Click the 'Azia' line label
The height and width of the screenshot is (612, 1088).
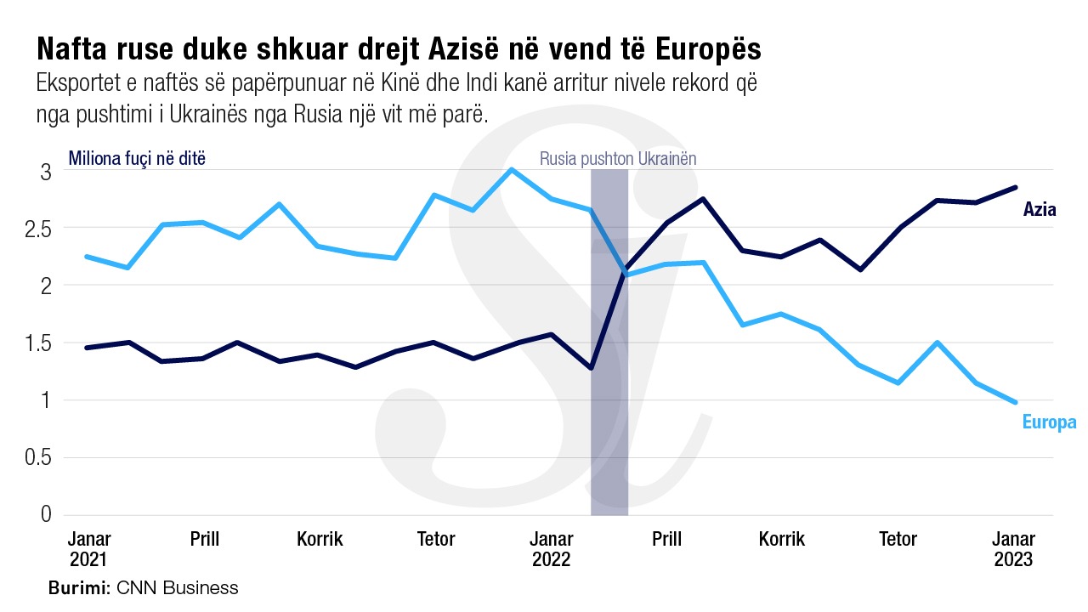click(1040, 209)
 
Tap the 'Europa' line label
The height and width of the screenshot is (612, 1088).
click(1049, 422)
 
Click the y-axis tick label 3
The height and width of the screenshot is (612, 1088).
click(46, 173)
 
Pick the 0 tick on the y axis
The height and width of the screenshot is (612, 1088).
click(46, 515)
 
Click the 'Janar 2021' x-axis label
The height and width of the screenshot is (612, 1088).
click(88, 549)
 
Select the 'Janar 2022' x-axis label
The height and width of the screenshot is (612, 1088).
click(552, 549)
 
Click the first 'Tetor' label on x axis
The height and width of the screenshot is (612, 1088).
click(436, 540)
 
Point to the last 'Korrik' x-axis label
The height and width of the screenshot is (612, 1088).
click(782, 540)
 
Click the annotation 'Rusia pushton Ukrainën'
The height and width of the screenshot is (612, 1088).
click(618, 159)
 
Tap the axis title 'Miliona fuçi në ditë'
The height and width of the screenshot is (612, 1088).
click(137, 158)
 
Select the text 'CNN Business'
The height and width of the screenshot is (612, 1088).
click(178, 587)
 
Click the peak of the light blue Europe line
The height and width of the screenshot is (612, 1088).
click(511, 169)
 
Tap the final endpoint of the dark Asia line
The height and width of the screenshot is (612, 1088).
click(1015, 187)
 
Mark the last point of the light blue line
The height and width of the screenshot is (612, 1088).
click(1015, 402)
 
